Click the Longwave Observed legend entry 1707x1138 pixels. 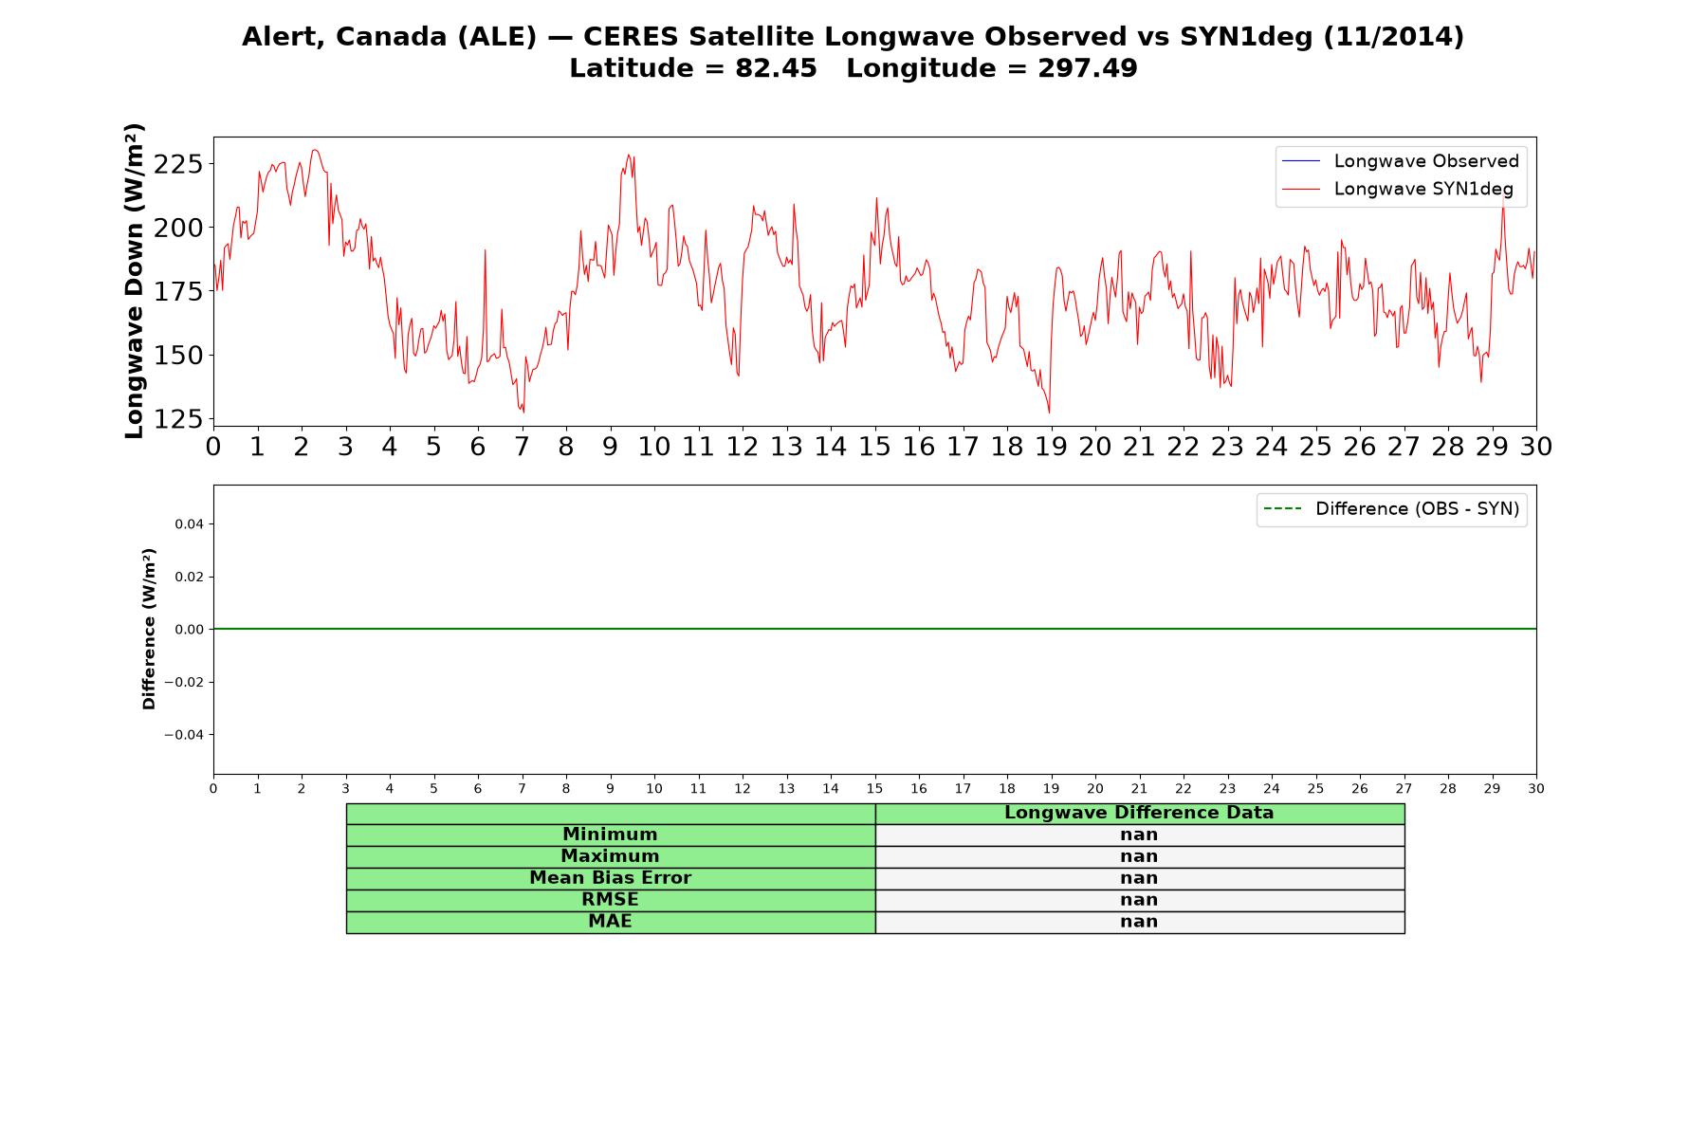1400,161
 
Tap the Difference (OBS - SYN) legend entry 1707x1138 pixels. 1391,509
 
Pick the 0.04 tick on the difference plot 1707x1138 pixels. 189,524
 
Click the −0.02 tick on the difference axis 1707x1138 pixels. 184,682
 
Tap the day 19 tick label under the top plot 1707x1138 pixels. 1051,446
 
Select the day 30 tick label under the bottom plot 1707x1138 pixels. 1536,788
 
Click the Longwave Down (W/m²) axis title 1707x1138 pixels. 135,281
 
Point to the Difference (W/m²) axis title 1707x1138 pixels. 149,629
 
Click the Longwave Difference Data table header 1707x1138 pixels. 1139,813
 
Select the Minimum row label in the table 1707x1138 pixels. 610,835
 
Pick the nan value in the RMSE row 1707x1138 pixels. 1139,900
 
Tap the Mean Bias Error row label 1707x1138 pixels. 610,878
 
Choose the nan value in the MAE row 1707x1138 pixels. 1139,922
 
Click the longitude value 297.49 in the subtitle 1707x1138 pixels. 1088,68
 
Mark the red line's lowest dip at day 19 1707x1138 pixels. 1049,413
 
